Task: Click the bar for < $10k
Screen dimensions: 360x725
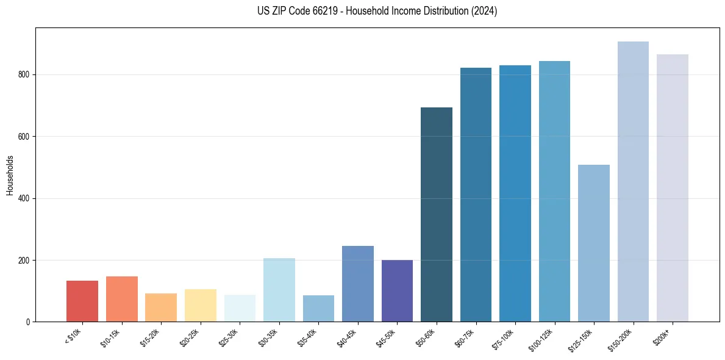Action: (x=82, y=301)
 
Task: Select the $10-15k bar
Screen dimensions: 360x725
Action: (x=121, y=299)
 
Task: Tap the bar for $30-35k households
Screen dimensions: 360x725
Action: (x=279, y=290)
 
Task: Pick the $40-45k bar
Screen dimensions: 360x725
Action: (x=357, y=284)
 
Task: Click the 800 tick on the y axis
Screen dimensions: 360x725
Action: (x=24, y=74)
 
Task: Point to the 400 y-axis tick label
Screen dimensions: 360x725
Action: (x=24, y=198)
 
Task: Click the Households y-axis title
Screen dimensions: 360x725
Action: (x=10, y=175)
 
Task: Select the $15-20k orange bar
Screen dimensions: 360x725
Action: (x=161, y=308)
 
